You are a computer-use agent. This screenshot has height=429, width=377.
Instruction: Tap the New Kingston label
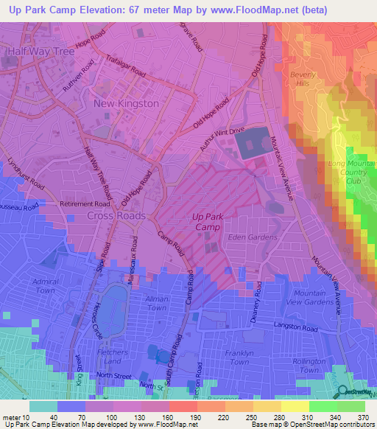click(x=126, y=104)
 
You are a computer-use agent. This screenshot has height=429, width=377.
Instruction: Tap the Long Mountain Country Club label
click(x=345, y=172)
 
